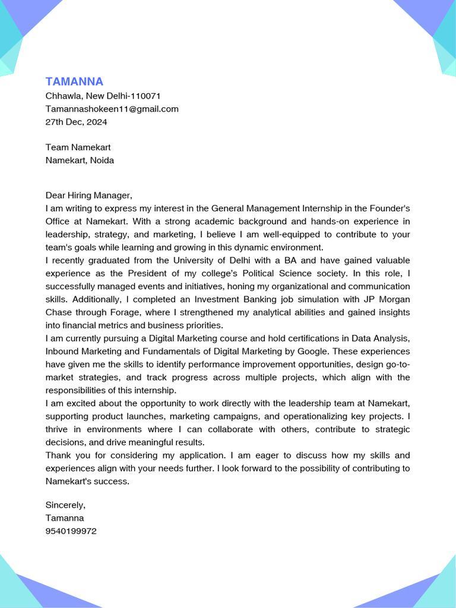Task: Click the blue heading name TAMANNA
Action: [74, 81]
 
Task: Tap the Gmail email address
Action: [112, 109]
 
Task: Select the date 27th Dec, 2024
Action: [76, 122]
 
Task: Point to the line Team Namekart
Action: [78, 147]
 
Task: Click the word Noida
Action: [102, 160]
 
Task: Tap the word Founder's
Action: [389, 208]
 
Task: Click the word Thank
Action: [58, 455]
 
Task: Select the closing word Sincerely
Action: [65, 505]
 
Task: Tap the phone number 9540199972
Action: [71, 531]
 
